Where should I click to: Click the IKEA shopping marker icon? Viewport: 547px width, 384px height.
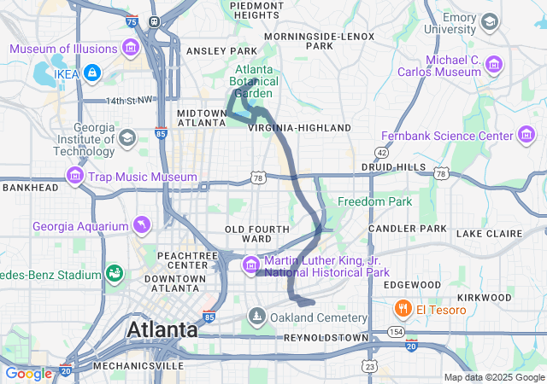(92, 75)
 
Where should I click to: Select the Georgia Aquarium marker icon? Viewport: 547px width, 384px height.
(139, 225)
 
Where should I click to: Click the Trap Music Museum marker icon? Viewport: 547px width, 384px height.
(75, 177)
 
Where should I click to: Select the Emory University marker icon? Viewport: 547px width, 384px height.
(490, 21)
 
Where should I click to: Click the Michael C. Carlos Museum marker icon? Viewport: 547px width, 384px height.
(493, 64)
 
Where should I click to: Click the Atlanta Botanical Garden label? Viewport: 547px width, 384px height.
(255, 81)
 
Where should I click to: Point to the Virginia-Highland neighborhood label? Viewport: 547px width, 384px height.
(299, 127)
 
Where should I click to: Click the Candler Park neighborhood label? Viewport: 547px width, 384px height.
(407, 229)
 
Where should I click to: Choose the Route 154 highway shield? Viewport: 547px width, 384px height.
(395, 331)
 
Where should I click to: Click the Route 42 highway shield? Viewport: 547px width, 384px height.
(381, 152)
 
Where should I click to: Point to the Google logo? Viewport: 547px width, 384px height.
(28, 374)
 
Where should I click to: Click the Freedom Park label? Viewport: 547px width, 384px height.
(374, 201)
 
